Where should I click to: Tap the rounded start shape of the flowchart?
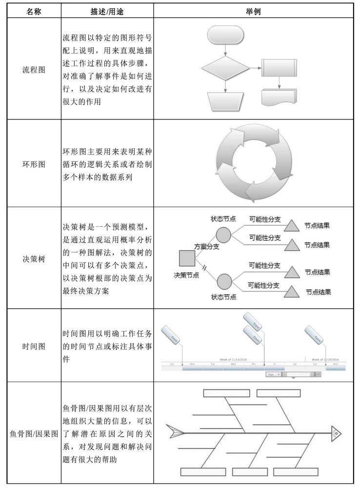224,34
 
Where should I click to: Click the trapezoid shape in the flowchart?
224,101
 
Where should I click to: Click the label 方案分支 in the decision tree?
206,247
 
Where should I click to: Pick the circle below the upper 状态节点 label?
223,235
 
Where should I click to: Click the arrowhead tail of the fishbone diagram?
176,432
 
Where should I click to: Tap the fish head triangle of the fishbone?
336,432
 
